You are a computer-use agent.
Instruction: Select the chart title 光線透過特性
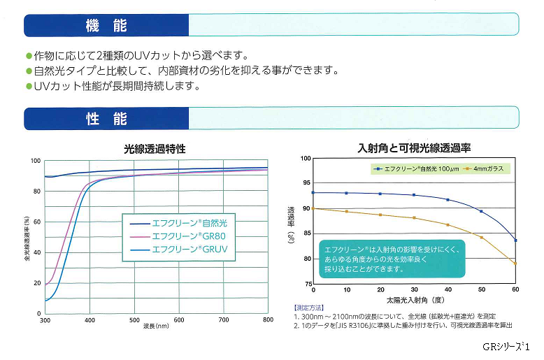(155, 149)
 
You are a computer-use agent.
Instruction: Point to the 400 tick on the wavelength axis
(89, 320)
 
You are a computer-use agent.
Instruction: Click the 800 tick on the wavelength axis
(268, 320)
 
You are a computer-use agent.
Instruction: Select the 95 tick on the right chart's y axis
(306, 183)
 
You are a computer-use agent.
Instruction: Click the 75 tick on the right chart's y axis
(306, 285)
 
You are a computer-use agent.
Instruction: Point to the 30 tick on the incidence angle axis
(415, 289)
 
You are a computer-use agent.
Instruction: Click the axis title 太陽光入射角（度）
(414, 300)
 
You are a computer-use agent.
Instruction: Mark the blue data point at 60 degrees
(516, 240)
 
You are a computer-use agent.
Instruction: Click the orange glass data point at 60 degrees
(516, 264)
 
